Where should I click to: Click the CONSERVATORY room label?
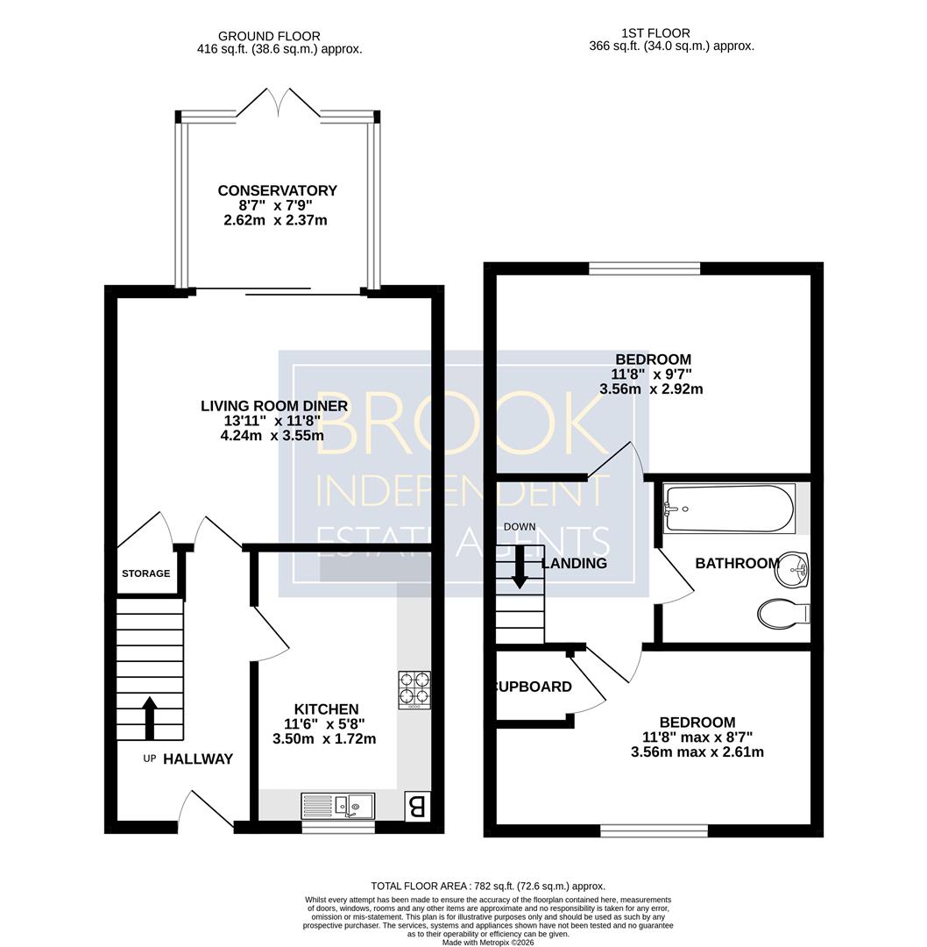click(x=277, y=190)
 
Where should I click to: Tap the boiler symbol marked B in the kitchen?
click(x=416, y=806)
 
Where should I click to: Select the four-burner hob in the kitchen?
click(x=414, y=690)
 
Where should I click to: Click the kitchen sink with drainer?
click(x=337, y=807)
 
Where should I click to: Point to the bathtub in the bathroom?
click(x=729, y=508)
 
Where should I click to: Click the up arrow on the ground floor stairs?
click(x=149, y=718)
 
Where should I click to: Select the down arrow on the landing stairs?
click(x=520, y=566)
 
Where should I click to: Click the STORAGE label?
click(x=146, y=573)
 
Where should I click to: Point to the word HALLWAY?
click(x=198, y=759)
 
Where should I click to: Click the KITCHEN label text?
click(x=327, y=709)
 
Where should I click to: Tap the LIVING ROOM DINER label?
click(x=274, y=406)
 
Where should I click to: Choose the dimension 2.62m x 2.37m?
click(x=275, y=220)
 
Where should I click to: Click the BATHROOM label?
click(x=738, y=564)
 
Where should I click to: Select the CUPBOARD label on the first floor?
click(x=534, y=687)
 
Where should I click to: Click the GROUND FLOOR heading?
click(x=269, y=36)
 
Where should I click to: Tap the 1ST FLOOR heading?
click(x=655, y=33)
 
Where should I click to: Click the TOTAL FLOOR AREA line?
click(x=488, y=886)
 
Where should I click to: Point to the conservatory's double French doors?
click(x=279, y=103)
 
